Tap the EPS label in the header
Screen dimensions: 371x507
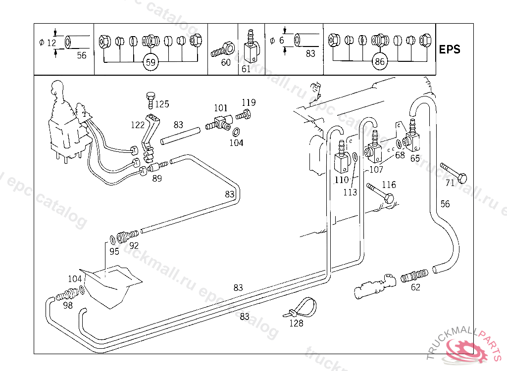click(450, 49)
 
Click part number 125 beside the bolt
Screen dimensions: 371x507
click(161, 104)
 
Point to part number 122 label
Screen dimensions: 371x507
click(138, 125)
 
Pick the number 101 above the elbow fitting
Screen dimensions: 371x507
click(220, 108)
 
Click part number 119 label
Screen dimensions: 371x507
click(249, 102)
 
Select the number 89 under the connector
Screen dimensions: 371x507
click(157, 179)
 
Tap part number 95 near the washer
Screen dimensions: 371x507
click(114, 251)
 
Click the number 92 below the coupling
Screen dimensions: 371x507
click(134, 245)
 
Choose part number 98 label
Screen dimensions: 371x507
click(68, 305)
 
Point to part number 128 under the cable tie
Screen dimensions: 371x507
click(296, 324)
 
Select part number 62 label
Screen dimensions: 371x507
click(415, 287)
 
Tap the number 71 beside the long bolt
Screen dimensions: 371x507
click(450, 183)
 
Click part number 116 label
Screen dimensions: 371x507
click(389, 185)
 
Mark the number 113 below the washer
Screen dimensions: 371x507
click(350, 192)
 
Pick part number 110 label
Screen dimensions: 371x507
click(342, 180)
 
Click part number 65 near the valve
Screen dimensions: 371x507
click(415, 158)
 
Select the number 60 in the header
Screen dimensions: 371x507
click(226, 62)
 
